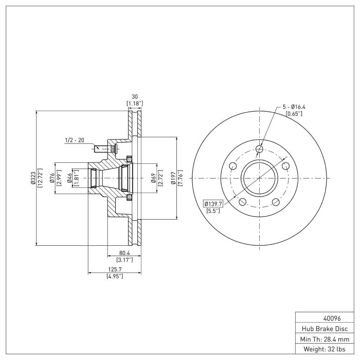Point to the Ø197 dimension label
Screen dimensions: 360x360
click(173, 178)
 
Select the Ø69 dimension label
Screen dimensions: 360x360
click(153, 178)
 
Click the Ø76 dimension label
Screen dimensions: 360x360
click(52, 178)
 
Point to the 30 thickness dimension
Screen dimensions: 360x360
click(134, 97)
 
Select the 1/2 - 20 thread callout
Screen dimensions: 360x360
click(75, 140)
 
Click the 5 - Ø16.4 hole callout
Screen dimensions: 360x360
click(294, 107)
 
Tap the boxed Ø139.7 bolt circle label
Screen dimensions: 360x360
click(214, 203)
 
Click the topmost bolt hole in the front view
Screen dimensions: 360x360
click(259, 149)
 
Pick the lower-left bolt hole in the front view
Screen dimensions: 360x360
click(243, 202)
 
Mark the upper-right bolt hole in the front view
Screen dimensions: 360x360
click(285, 166)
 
